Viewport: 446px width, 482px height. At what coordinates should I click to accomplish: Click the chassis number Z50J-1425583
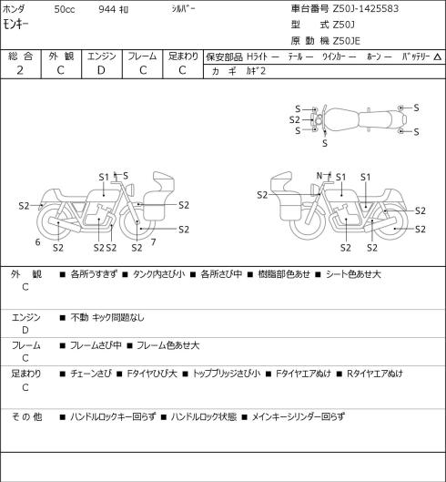tap(366, 8)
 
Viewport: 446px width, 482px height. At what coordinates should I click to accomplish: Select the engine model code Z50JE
tap(347, 41)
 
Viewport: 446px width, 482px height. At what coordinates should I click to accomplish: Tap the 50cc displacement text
tap(65, 9)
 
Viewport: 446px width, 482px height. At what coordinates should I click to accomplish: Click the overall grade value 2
tap(20, 70)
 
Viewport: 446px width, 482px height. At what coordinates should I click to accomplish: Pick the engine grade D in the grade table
tap(101, 70)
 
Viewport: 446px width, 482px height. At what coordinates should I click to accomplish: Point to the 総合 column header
tap(20, 56)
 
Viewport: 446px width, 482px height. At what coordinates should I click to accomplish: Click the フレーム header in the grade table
tap(142, 56)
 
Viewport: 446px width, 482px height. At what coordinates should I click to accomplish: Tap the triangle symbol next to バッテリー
tap(438, 56)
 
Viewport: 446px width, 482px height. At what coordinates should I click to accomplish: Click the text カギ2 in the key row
tap(256, 71)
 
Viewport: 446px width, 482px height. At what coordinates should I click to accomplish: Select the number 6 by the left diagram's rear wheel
tap(37, 242)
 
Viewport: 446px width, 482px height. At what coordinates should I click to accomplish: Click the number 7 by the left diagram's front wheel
tap(153, 242)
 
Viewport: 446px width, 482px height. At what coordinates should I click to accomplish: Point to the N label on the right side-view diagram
tap(319, 176)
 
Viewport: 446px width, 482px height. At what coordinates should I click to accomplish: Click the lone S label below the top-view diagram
tap(325, 143)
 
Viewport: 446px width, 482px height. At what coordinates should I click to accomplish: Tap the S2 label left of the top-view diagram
tap(295, 120)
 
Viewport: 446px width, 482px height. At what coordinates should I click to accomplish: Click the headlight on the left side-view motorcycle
tap(131, 189)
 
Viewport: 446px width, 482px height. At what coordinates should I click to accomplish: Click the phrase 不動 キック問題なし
tap(107, 317)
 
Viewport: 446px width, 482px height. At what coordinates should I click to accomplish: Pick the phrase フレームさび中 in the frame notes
tap(96, 345)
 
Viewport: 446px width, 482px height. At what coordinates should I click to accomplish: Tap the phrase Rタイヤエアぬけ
tap(374, 374)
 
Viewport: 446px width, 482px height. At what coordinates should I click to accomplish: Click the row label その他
tap(26, 417)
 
